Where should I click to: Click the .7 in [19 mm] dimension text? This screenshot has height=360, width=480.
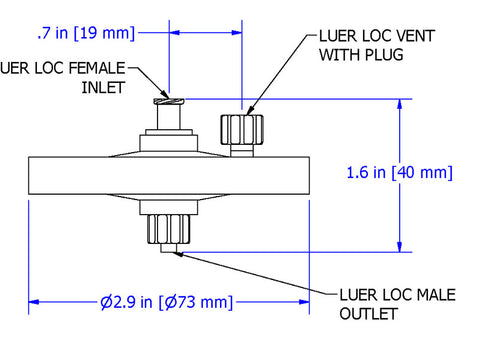pyautogui.click(x=85, y=33)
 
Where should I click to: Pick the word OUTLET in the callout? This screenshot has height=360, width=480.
pyautogui.click(x=370, y=314)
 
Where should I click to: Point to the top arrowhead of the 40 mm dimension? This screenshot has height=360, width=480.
pyautogui.click(x=400, y=103)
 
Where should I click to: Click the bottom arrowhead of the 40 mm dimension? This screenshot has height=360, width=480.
pyautogui.click(x=400, y=246)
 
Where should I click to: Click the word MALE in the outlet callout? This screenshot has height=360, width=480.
pyautogui.click(x=436, y=295)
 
